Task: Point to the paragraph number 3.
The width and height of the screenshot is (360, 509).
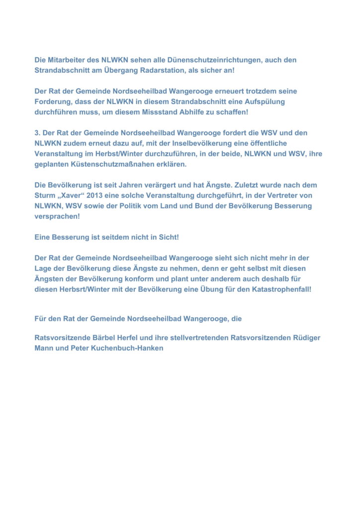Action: pyautogui.click(x=37, y=133)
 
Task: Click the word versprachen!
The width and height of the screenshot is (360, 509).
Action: pyautogui.click(x=57, y=217)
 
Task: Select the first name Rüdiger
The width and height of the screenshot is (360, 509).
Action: pyautogui.click(x=305, y=338)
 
